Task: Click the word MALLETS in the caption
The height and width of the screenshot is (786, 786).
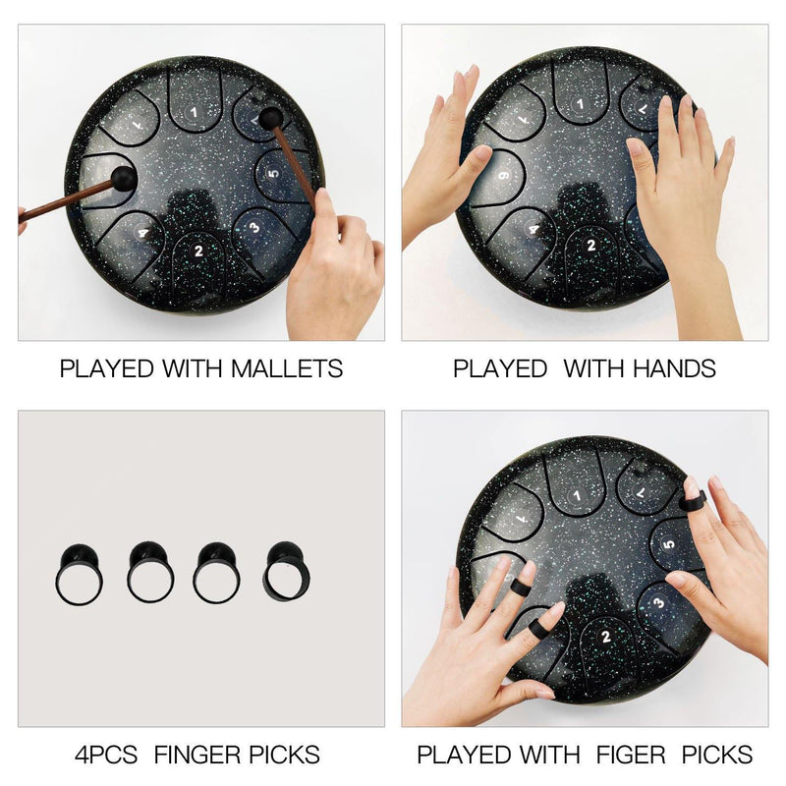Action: click(x=287, y=368)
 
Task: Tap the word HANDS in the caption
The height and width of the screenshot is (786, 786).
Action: click(x=674, y=368)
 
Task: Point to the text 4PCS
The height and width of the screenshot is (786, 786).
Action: click(x=106, y=755)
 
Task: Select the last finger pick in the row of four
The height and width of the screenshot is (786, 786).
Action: click(x=286, y=571)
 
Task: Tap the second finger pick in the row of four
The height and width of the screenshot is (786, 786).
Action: click(x=150, y=572)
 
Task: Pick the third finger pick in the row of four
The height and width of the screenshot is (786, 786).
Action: click(x=216, y=573)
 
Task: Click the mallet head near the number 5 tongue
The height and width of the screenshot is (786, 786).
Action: click(x=271, y=118)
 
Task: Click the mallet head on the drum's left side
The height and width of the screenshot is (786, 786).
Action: click(x=124, y=179)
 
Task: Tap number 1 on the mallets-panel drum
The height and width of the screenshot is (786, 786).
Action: click(x=194, y=112)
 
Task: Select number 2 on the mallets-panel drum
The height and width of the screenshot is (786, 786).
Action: click(x=199, y=251)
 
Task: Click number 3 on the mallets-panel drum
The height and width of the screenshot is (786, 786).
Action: click(x=254, y=228)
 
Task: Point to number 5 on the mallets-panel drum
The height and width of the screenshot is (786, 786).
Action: click(x=272, y=174)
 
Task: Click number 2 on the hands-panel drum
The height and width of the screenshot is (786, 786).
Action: click(x=591, y=245)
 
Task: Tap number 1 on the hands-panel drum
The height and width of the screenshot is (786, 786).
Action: click(x=581, y=104)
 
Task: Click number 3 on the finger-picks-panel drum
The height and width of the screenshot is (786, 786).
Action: click(x=658, y=602)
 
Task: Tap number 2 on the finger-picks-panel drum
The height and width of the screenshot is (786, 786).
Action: click(x=606, y=637)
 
